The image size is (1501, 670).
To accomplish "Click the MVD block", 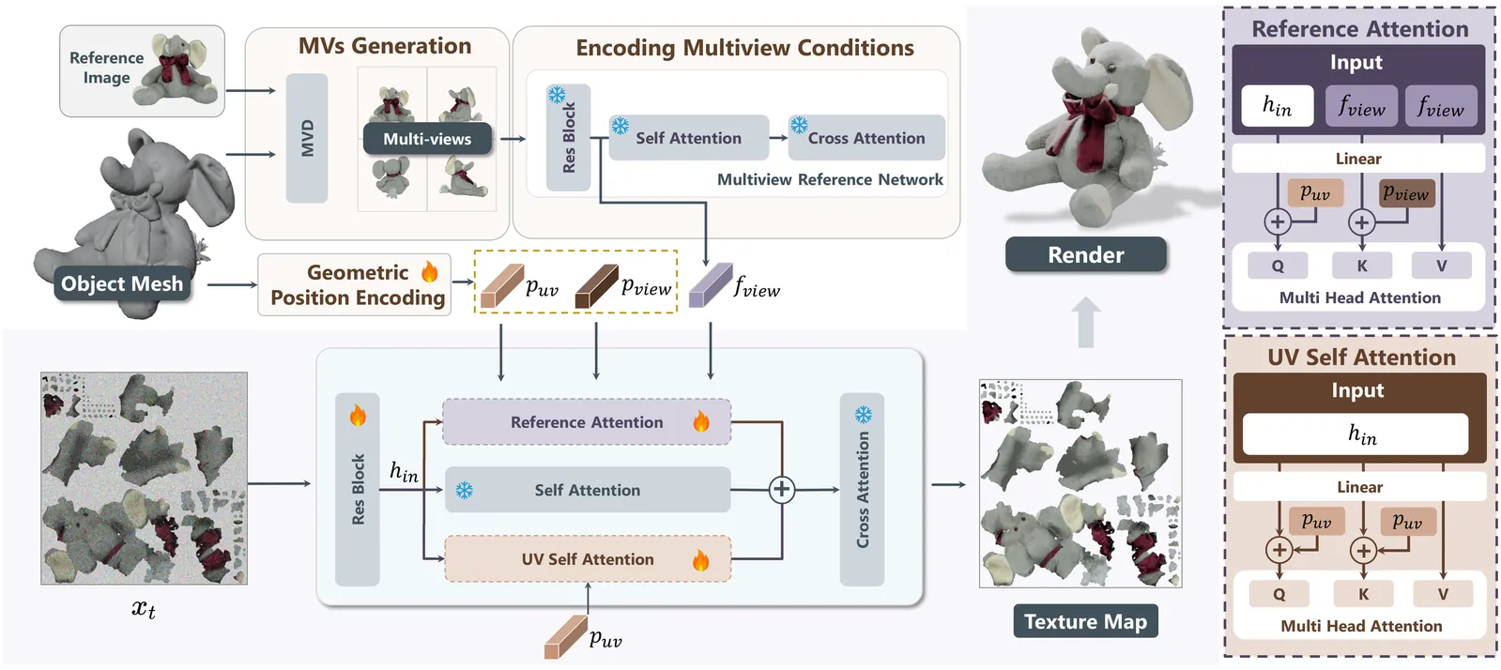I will click(x=307, y=138).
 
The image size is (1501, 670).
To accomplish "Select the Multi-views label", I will click(x=427, y=139).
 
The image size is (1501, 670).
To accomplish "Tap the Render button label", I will click(x=1085, y=254).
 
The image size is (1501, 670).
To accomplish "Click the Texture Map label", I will click(x=1085, y=621).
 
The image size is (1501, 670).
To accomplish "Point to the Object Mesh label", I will click(x=122, y=283).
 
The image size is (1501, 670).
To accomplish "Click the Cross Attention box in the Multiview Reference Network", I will click(x=865, y=138).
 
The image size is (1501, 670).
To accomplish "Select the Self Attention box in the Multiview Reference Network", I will click(x=688, y=138).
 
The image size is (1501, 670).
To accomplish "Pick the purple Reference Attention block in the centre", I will click(x=587, y=422).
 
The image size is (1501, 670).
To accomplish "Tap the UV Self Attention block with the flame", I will click(x=587, y=559).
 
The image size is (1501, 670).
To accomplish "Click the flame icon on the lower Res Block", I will click(x=358, y=416).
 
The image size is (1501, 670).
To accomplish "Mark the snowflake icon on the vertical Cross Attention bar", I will click(x=863, y=415).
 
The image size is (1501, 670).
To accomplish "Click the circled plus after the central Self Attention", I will click(x=781, y=489).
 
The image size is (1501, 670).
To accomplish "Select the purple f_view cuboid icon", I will click(x=710, y=285).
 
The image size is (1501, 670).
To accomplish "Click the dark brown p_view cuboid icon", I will click(x=596, y=286).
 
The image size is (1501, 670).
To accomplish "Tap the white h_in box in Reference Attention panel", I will click(x=1276, y=106).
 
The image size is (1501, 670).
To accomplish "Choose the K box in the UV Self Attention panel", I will click(x=1363, y=594).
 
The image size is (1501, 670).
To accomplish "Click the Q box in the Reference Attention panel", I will click(x=1278, y=266).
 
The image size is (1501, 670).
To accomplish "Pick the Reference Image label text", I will click(x=106, y=68).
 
